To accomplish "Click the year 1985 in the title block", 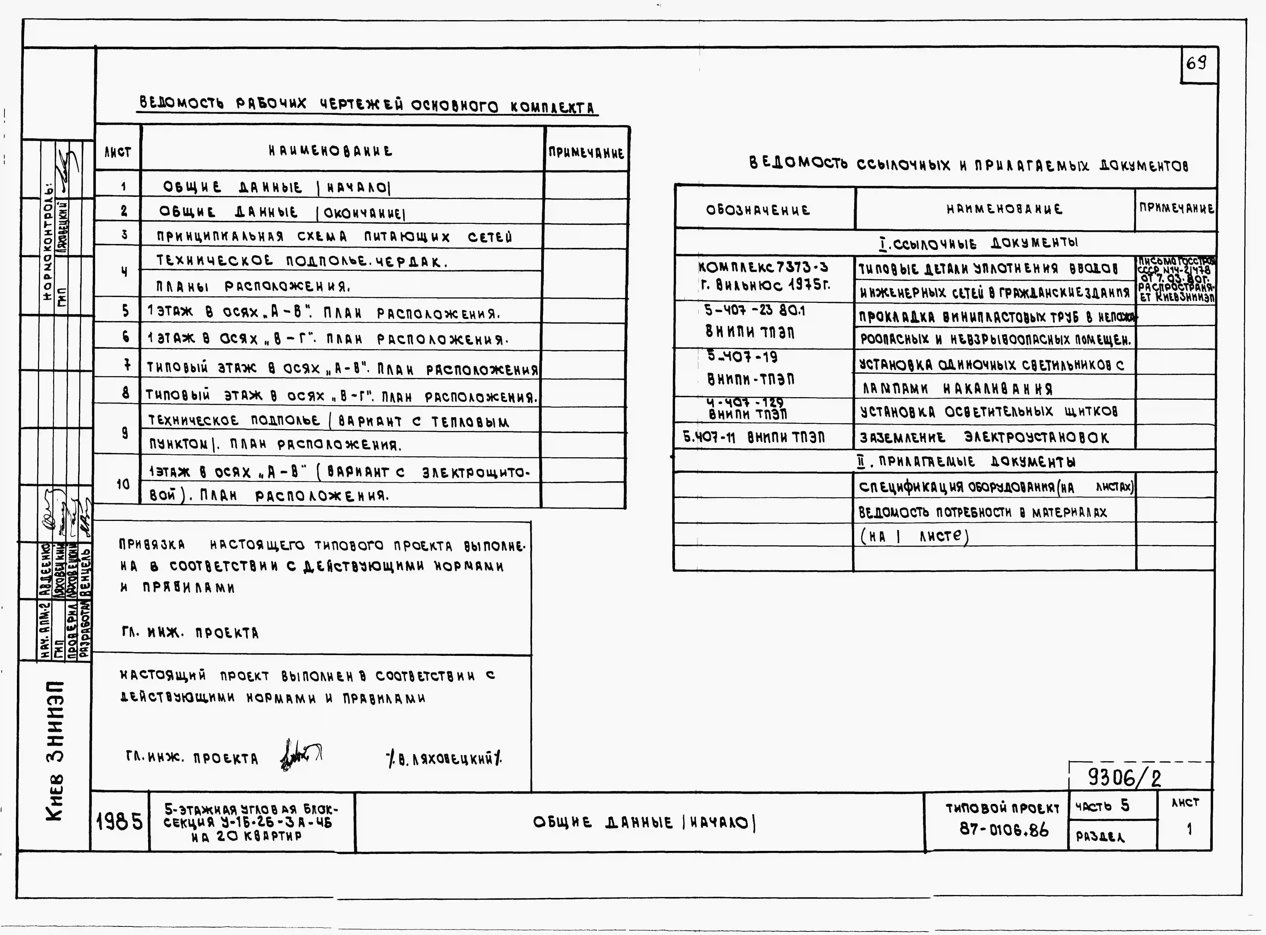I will tap(120, 821).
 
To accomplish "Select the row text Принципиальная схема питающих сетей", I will tap(334, 237).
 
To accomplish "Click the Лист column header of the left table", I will tap(118, 152).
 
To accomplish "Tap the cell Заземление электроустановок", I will tap(984, 438).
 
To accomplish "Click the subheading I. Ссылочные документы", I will tap(978, 243).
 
